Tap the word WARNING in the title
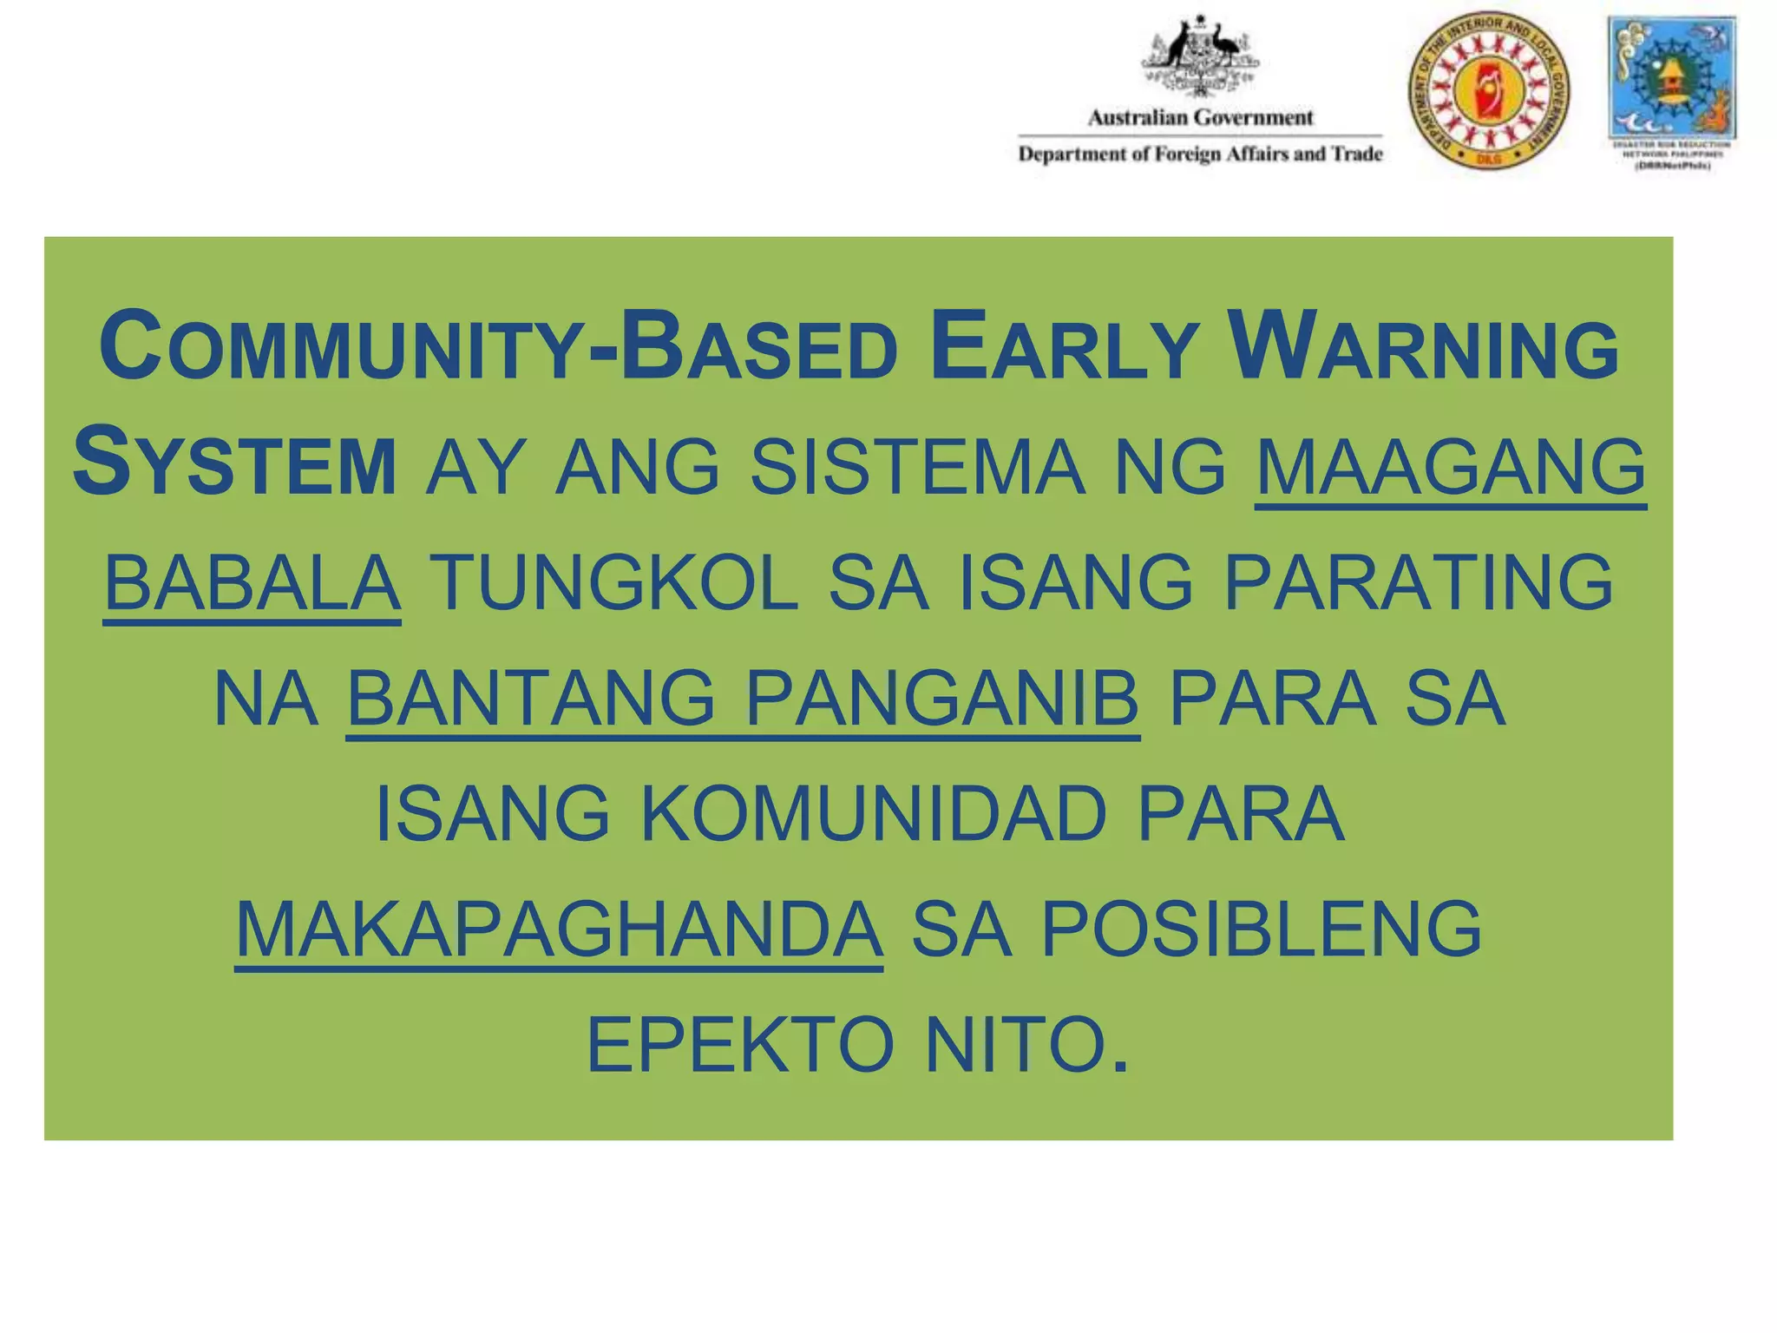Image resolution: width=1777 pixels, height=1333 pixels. (x=1424, y=349)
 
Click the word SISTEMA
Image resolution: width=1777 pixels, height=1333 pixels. (x=917, y=468)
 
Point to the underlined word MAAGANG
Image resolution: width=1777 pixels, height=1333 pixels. (x=1450, y=468)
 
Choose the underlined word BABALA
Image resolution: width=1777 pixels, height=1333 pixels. (x=252, y=583)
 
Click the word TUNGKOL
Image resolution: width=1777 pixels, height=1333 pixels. (x=613, y=583)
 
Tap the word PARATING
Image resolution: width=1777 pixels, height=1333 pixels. (x=1419, y=583)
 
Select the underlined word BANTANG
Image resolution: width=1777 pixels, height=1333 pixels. (x=532, y=699)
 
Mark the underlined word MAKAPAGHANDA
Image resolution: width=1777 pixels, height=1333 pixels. (x=559, y=929)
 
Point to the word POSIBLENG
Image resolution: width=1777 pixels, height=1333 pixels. (x=1262, y=929)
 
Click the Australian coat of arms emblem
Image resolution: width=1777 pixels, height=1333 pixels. (x=1200, y=56)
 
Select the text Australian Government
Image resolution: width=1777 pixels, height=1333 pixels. (x=1200, y=117)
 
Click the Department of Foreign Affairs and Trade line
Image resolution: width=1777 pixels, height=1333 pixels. (x=1200, y=154)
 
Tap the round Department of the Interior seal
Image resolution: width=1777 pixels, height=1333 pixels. (x=1489, y=90)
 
